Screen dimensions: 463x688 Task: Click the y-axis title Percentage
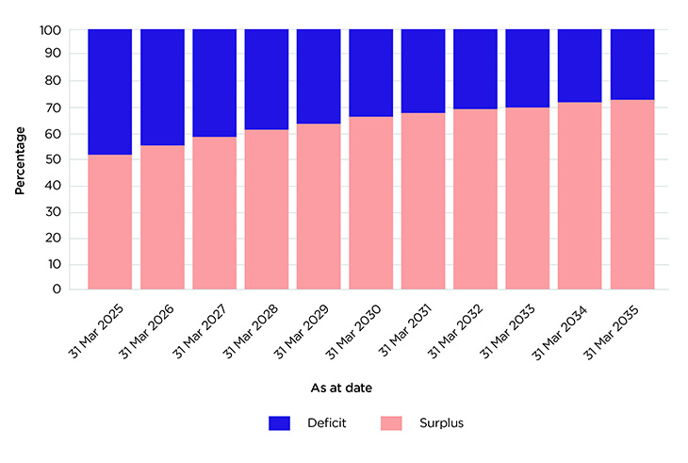pyautogui.click(x=20, y=160)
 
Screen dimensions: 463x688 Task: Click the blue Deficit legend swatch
pyautogui.click(x=280, y=422)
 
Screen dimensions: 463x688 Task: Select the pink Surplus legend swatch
pyautogui.click(x=392, y=422)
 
